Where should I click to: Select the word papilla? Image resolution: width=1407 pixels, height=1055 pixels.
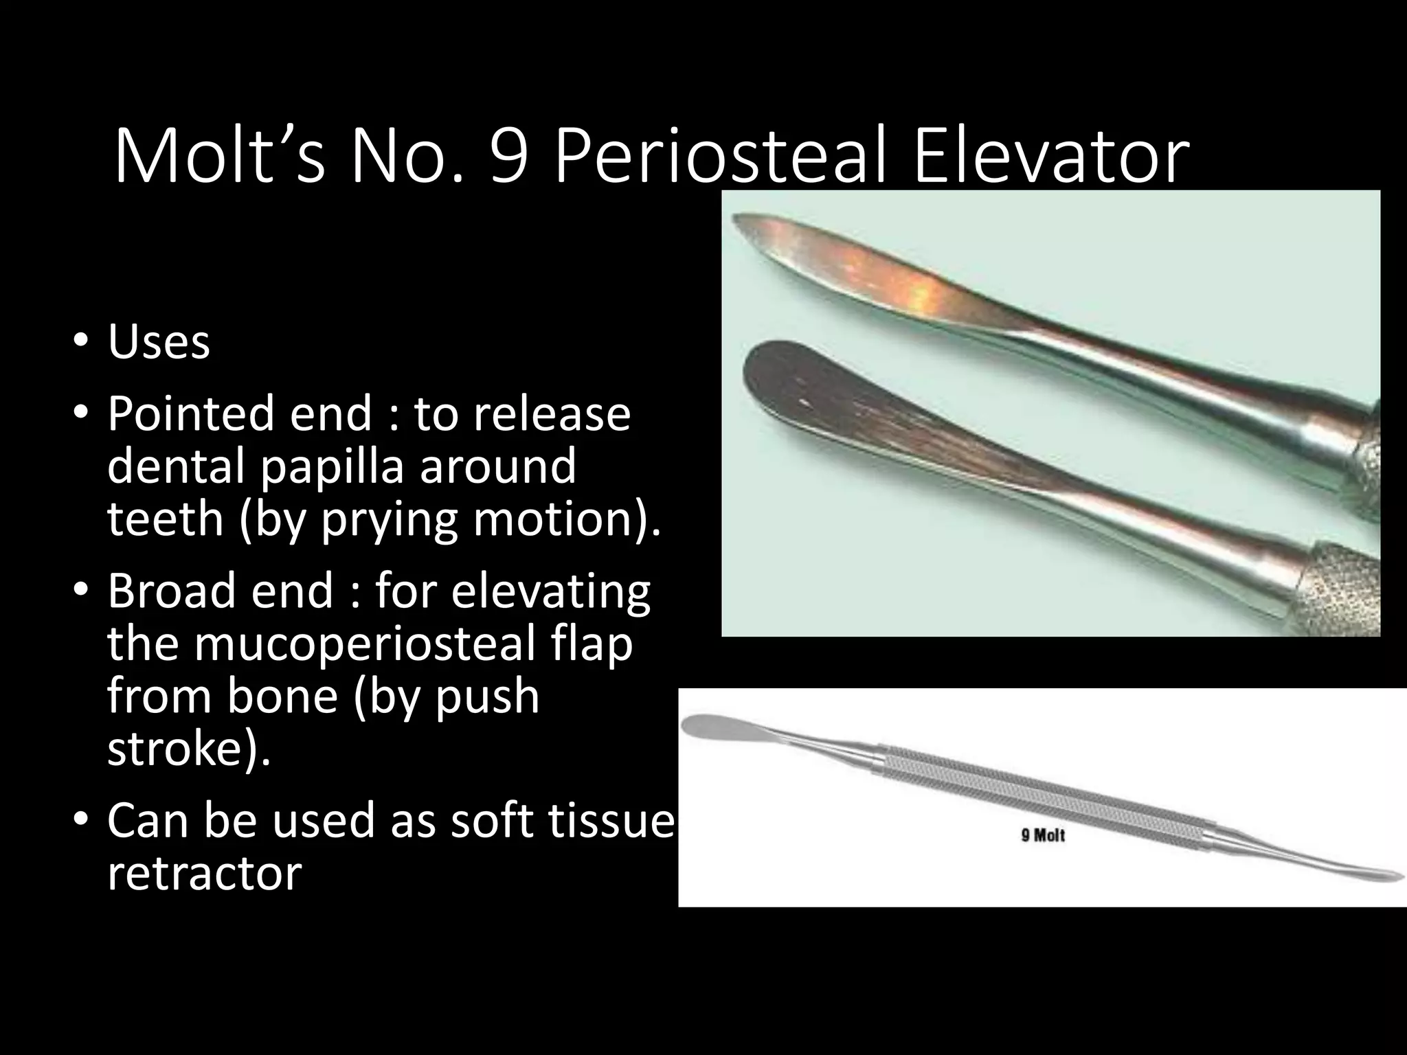click(335, 466)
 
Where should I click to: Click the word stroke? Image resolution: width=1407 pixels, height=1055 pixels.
click(182, 750)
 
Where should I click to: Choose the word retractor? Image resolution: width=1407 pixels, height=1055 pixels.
click(204, 874)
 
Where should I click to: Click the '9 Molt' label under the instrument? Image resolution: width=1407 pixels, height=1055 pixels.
click(1042, 836)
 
